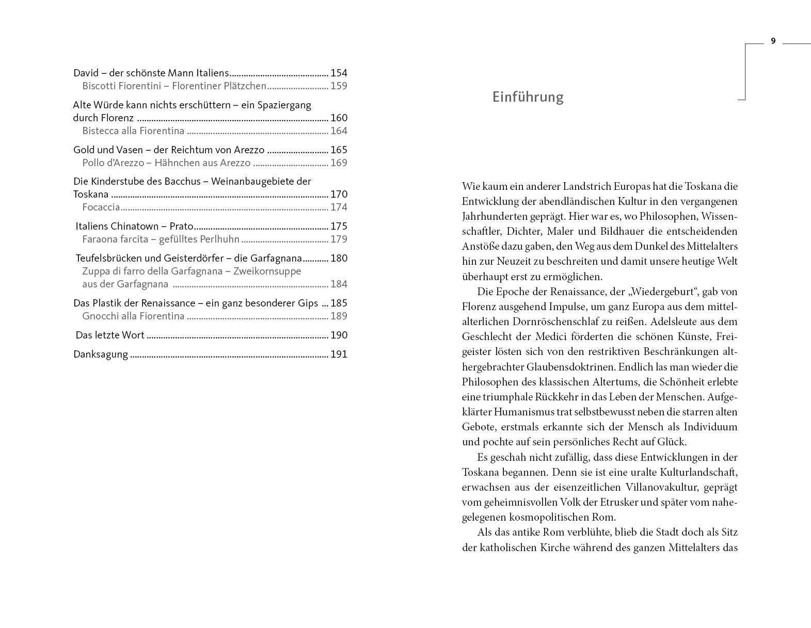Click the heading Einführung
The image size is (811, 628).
[528, 97]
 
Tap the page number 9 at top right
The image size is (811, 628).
[773, 41]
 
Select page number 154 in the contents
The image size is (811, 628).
[339, 73]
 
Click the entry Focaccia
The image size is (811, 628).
[101, 207]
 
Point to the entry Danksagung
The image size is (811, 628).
[101, 355]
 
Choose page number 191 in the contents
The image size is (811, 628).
[339, 355]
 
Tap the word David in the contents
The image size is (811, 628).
[86, 73]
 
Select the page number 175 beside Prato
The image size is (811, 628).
[339, 227]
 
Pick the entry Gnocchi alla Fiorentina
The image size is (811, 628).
[133, 316]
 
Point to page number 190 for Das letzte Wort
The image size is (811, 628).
[339, 335]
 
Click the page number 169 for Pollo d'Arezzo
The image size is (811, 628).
[339, 163]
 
